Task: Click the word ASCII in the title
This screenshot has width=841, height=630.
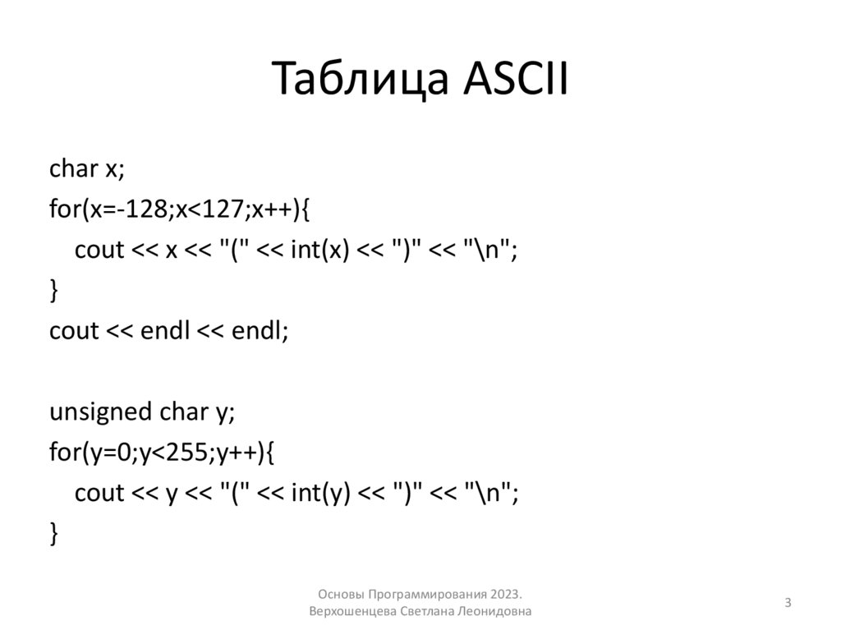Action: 510,82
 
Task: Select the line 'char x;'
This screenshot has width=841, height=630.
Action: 86,168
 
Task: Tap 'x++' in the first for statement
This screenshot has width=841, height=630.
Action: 267,209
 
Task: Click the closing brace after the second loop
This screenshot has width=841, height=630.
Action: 54,534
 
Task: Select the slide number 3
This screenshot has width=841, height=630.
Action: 788,604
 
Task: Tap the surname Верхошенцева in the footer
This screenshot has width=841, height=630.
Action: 354,613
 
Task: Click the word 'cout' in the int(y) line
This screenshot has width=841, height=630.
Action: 99,493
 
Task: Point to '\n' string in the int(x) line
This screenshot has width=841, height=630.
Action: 491,251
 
